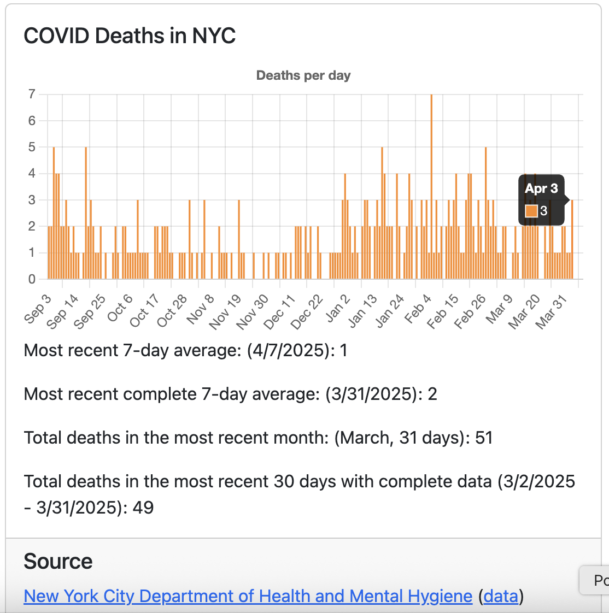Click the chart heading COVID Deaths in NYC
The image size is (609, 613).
[x=130, y=36]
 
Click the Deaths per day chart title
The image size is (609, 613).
[x=303, y=75]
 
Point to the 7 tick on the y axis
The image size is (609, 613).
[x=32, y=95]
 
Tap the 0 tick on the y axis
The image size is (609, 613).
[x=32, y=279]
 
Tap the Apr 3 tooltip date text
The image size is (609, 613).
[x=541, y=188]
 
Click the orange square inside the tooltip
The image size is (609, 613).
[x=531, y=211]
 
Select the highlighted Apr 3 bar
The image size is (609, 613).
[x=572, y=240]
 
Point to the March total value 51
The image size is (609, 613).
[x=484, y=438]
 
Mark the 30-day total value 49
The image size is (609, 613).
[x=143, y=508]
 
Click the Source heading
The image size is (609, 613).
[x=58, y=561]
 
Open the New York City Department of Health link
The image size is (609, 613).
[x=248, y=596]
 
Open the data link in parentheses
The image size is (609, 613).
[x=501, y=596]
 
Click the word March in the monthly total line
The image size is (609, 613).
[x=364, y=438]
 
